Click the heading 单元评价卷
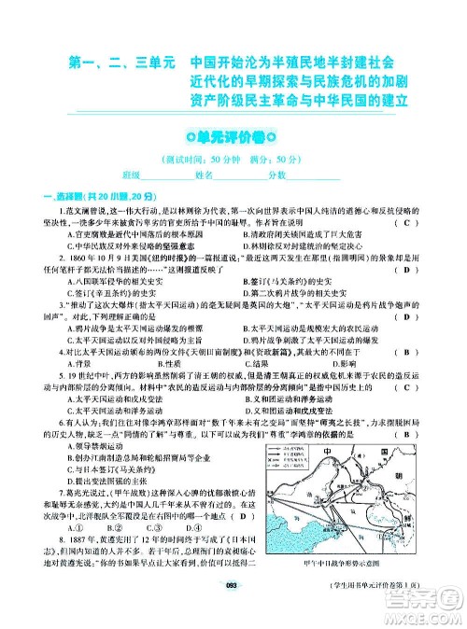(233, 136)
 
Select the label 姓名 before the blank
(204, 175)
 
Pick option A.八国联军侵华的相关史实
(107, 281)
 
